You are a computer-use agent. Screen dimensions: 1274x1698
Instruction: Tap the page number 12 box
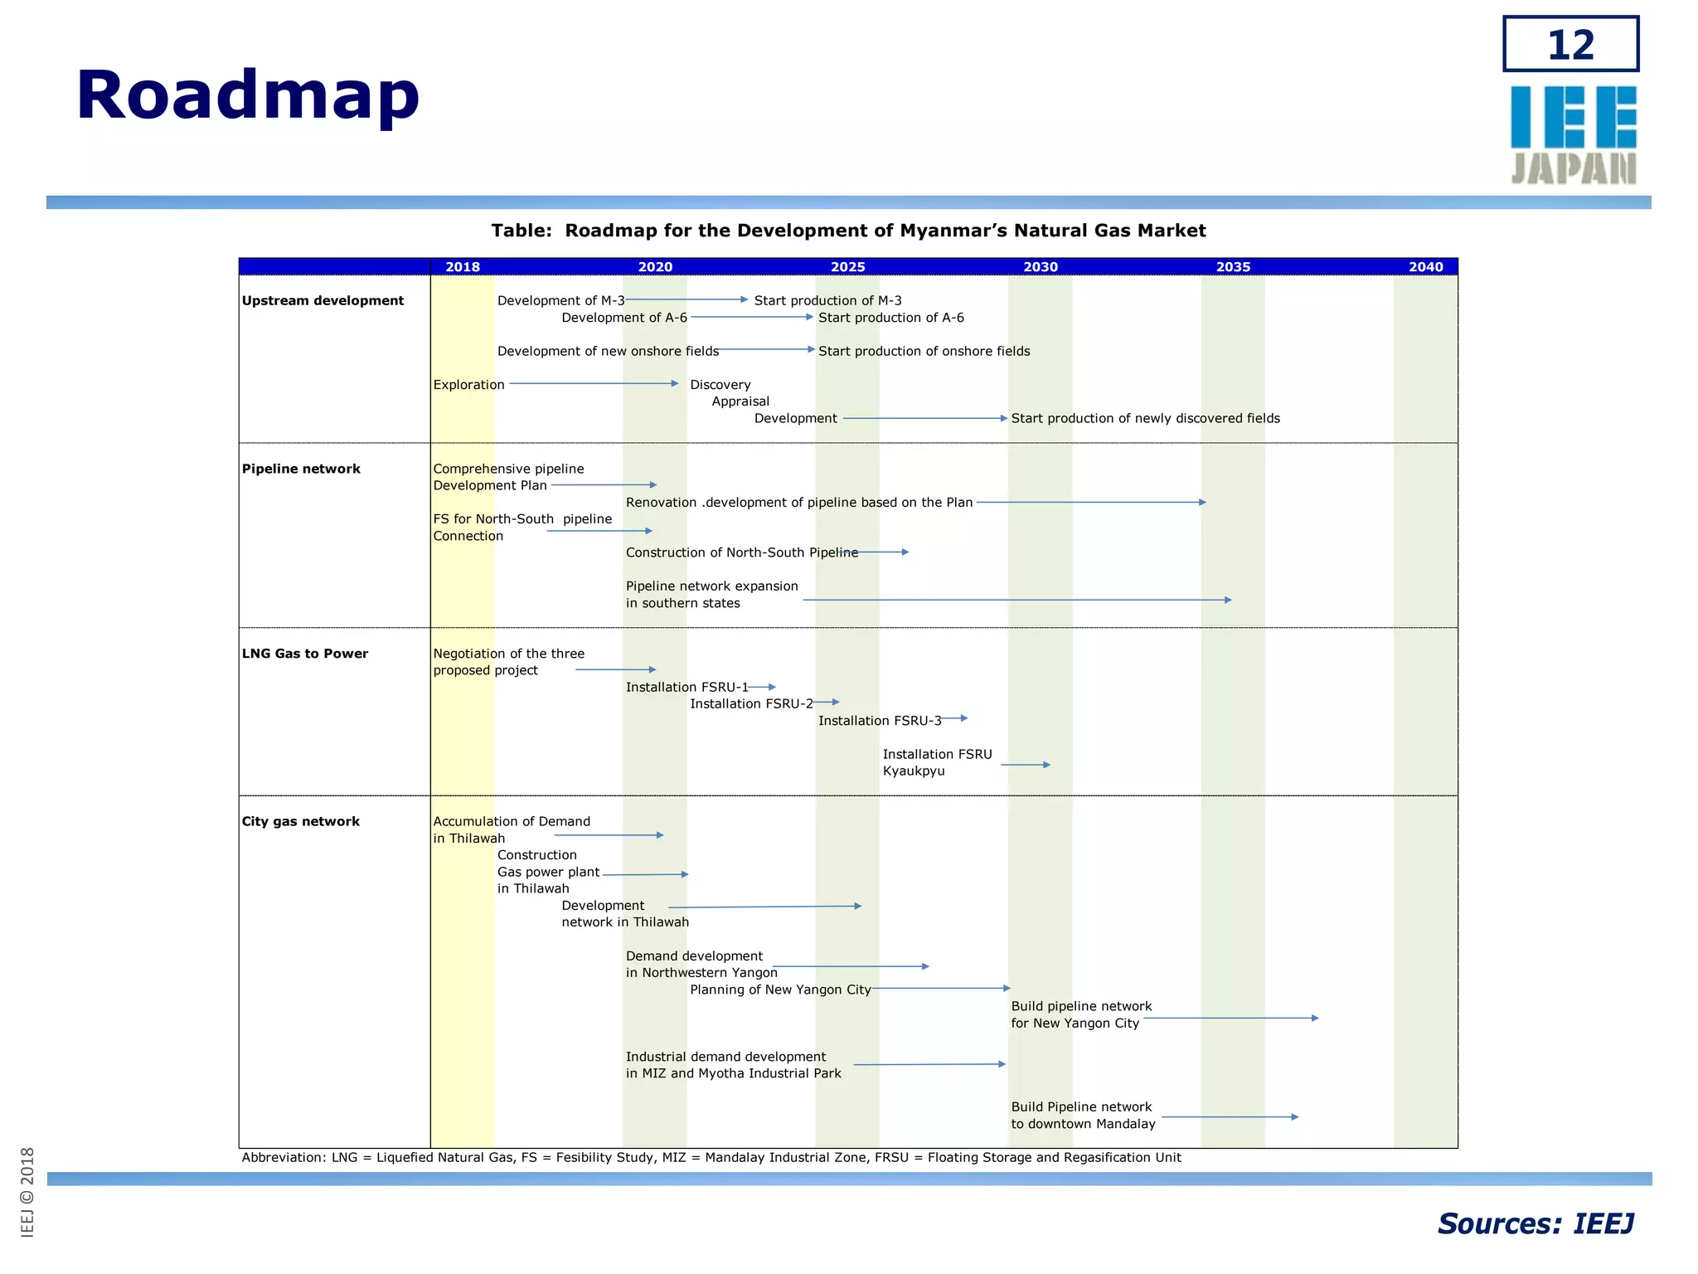coord(1570,44)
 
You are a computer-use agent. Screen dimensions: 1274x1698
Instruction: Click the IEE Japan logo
coord(1573,134)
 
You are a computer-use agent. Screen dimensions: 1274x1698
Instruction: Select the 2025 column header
coord(847,267)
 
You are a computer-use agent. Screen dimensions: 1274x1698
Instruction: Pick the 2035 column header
coord(1233,267)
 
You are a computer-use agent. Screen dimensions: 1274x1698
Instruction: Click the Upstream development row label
coord(323,301)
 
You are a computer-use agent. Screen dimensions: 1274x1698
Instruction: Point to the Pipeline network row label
coord(301,469)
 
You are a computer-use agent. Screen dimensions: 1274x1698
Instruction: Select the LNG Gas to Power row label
coord(304,654)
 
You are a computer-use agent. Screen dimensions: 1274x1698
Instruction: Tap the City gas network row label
coord(300,821)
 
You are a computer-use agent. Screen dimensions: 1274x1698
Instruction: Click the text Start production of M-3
coord(827,301)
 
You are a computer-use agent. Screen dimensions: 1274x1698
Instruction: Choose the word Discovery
coord(720,385)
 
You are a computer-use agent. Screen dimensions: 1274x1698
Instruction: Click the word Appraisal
coord(740,401)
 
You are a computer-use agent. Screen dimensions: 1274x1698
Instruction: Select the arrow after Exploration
coord(594,384)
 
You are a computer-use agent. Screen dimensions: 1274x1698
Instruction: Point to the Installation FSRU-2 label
coord(751,704)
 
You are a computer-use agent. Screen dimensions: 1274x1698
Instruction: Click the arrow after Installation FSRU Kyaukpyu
coord(1026,765)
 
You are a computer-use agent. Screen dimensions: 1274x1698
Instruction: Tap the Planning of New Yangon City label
coord(780,990)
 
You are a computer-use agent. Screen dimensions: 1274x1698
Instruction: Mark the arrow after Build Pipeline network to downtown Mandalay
coord(1230,1117)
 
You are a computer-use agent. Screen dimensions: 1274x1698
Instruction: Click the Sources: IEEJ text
coord(1535,1224)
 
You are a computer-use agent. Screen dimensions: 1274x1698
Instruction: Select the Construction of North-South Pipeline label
coord(742,552)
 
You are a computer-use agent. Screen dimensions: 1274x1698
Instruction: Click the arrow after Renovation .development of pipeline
coord(1091,503)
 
